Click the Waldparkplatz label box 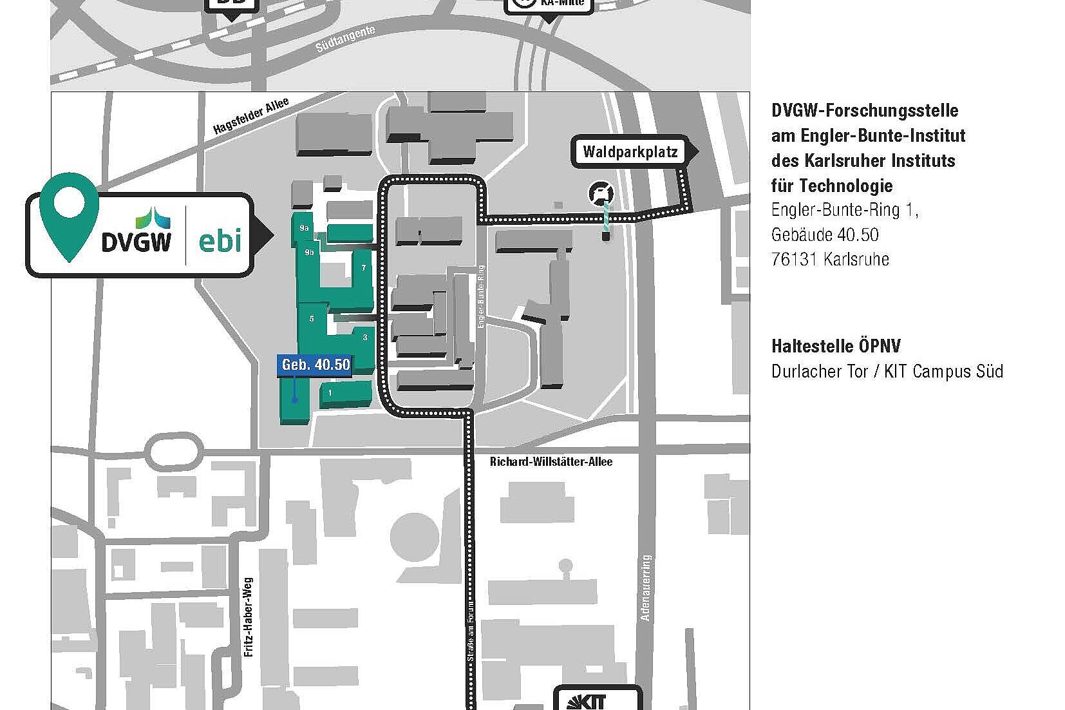pos(630,153)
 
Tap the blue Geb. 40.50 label pos(316,365)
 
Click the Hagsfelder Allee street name pos(251,116)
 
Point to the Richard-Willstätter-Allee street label pos(551,461)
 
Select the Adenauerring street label pos(646,587)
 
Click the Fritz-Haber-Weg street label pos(249,617)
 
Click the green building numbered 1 pos(330,393)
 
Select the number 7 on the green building pos(364,267)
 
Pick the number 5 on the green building pos(312,318)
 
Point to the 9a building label pos(305,227)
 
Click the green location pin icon pos(68,213)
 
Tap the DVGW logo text pos(137,241)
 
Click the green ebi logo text pos(220,240)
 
